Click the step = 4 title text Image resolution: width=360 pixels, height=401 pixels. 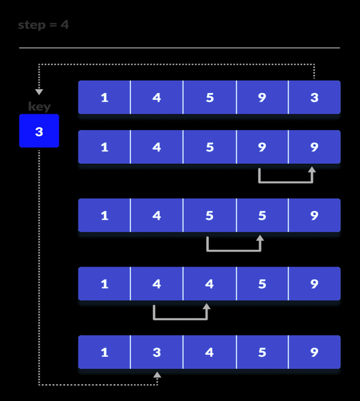44,25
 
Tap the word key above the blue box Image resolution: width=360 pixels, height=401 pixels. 39,107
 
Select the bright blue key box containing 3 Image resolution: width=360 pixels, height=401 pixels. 39,131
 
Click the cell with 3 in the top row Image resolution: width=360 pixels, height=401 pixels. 314,98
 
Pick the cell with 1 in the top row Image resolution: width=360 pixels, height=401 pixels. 104,98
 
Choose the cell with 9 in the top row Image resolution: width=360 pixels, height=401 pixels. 262,98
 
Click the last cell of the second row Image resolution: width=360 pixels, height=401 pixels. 314,147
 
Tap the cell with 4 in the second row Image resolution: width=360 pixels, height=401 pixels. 157,147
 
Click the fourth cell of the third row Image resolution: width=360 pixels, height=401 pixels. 262,216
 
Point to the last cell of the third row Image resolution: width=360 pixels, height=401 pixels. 314,216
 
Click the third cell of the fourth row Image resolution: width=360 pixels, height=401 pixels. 209,284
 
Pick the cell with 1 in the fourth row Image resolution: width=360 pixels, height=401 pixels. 104,284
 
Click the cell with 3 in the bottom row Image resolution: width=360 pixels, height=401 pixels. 157,353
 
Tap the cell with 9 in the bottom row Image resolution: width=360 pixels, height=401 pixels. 314,353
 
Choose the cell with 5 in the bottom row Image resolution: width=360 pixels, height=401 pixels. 262,353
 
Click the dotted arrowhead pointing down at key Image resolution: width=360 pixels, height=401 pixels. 39,92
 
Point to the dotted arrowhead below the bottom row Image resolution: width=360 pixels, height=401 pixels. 157,375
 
